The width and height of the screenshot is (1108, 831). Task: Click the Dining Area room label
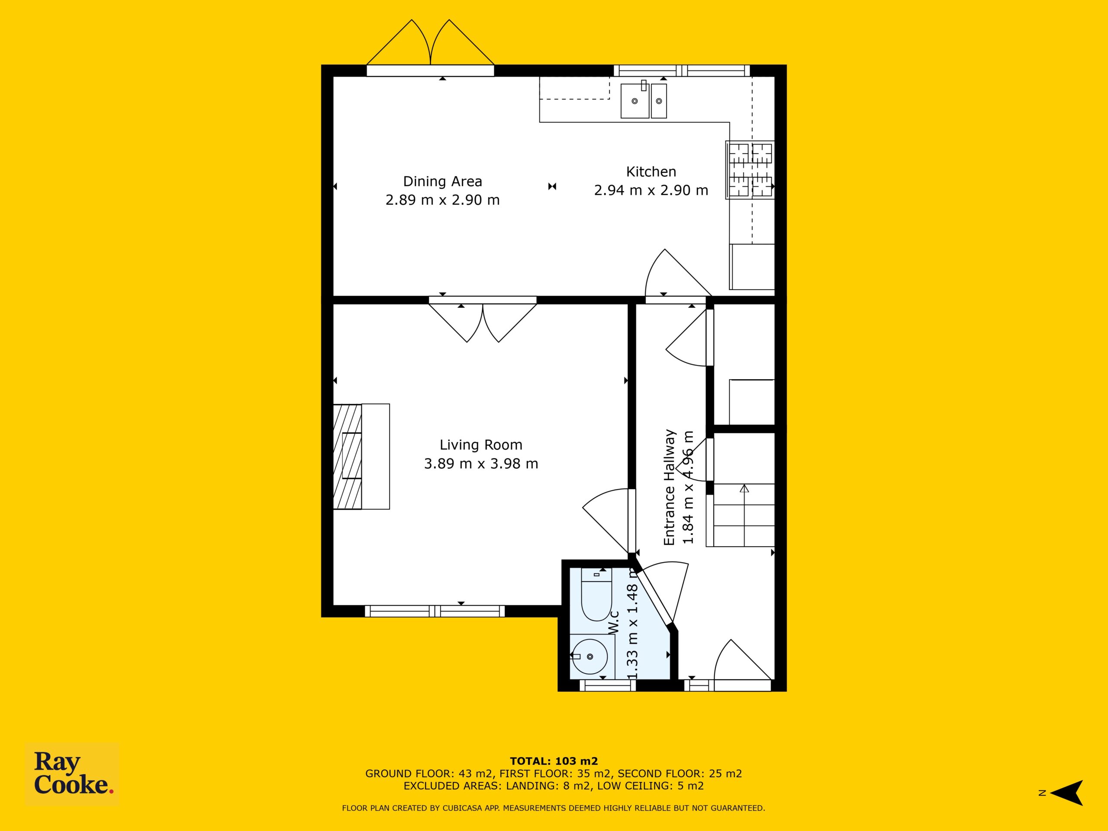point(442,181)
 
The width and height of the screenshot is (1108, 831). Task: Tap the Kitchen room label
point(651,172)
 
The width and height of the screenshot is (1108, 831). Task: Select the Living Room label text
point(481,445)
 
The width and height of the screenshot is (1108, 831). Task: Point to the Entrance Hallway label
point(670,487)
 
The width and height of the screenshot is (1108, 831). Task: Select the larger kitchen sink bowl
point(635,101)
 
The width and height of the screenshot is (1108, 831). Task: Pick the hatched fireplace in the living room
point(347,456)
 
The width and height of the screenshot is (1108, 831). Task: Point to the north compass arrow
point(1066,793)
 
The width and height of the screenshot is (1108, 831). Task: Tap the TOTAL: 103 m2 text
point(554,761)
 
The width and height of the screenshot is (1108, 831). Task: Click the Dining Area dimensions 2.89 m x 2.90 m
point(442,200)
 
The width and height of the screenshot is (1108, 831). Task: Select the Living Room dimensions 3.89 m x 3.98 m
point(481,464)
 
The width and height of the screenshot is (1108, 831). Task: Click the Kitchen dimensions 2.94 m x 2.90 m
point(651,190)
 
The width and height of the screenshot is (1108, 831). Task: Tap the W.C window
point(608,685)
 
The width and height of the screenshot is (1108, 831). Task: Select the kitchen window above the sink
point(682,71)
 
